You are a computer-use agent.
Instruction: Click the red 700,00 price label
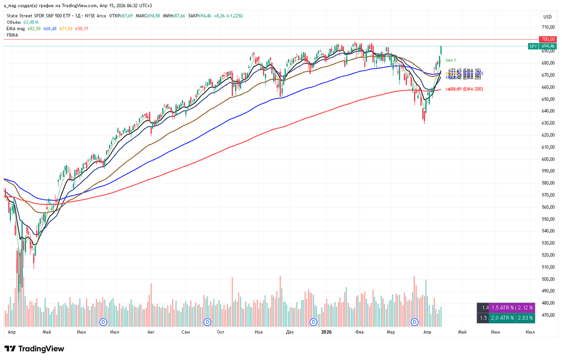(x=547, y=39)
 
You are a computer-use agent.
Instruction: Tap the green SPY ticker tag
(x=532, y=46)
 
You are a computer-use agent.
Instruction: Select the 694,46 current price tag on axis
(x=547, y=46)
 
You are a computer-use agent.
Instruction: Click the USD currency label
(x=547, y=17)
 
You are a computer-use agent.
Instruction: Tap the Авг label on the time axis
(x=151, y=332)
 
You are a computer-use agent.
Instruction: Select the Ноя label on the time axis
(x=259, y=332)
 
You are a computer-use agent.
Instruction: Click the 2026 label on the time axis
(x=326, y=332)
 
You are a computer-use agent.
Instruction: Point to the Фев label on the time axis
(x=360, y=332)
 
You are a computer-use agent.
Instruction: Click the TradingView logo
(x=34, y=349)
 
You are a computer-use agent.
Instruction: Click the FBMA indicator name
(x=13, y=35)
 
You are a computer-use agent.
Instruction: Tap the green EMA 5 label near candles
(x=451, y=60)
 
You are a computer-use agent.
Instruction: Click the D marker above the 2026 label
(x=314, y=322)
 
